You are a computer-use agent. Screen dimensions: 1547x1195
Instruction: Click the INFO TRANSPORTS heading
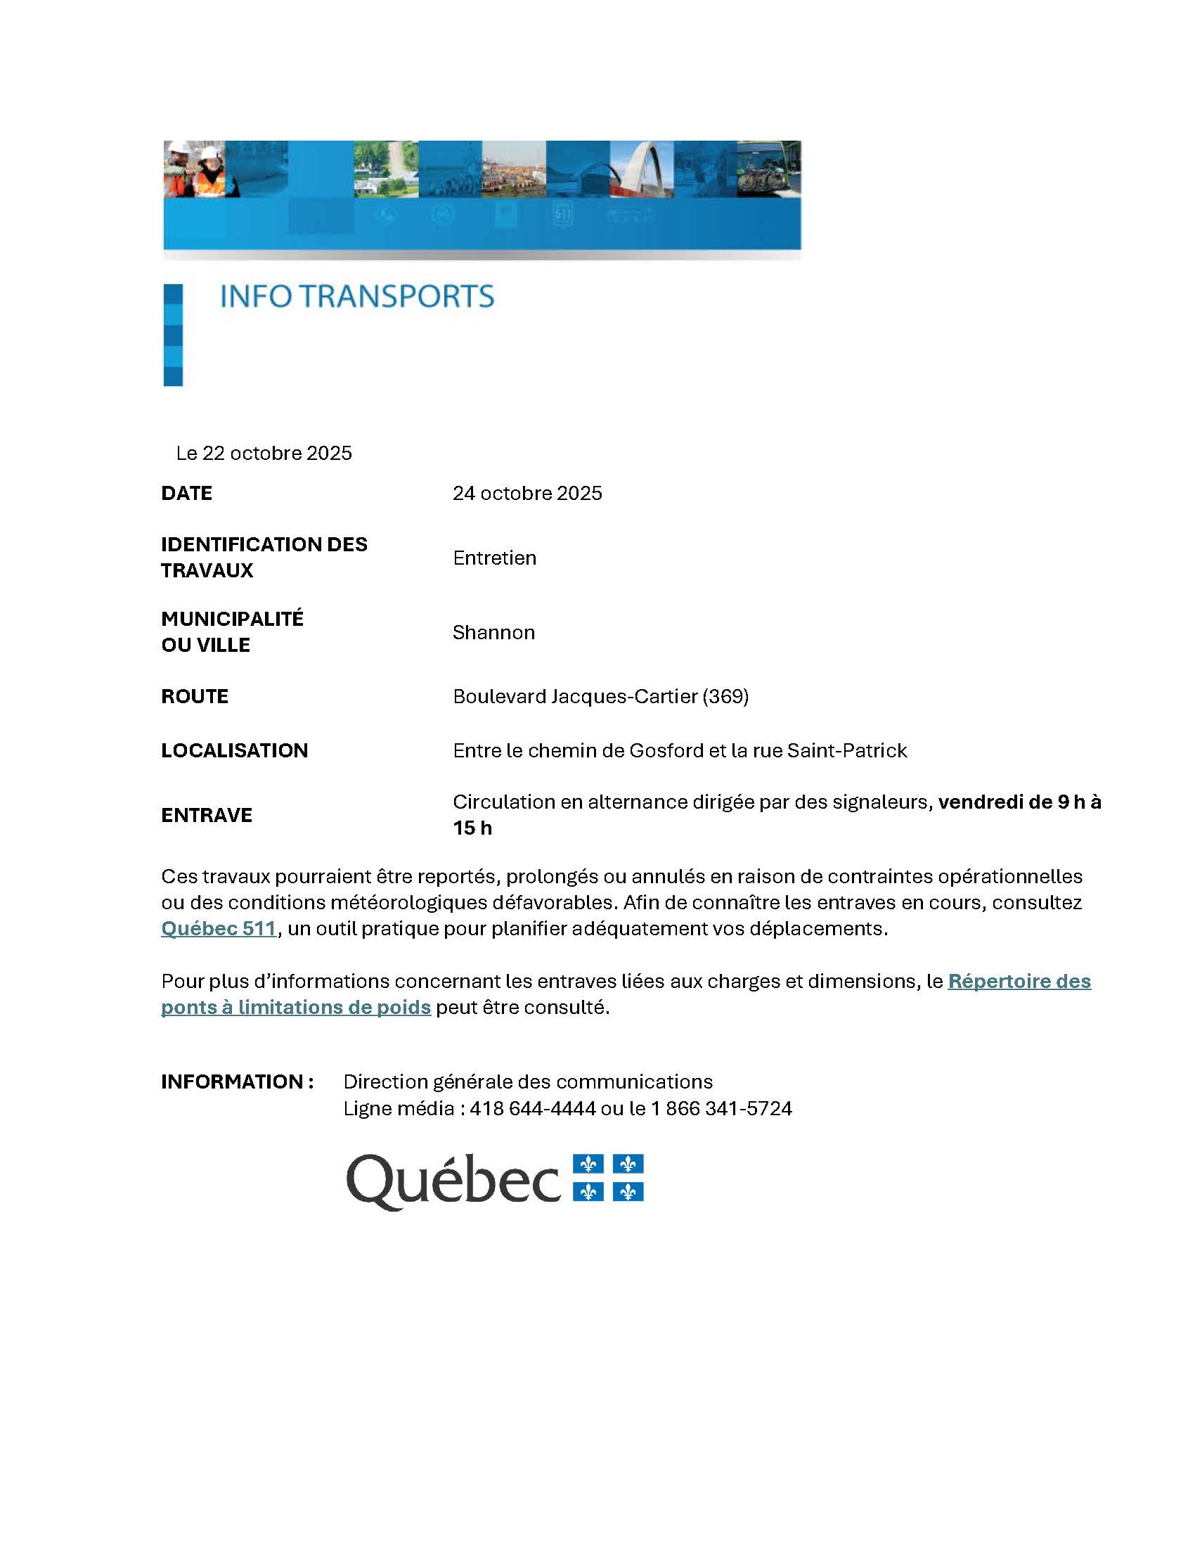coord(357,296)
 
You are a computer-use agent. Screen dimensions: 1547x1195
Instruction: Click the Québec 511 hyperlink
coord(218,928)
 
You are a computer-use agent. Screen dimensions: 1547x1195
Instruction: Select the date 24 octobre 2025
coord(527,493)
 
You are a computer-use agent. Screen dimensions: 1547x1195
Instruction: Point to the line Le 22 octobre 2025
coord(264,454)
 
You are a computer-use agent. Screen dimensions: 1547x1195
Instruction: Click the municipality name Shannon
coord(493,632)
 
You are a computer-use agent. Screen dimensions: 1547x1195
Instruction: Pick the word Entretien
coord(494,558)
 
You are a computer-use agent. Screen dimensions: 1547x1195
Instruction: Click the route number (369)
coord(725,696)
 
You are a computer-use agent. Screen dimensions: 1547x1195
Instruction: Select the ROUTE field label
coord(195,696)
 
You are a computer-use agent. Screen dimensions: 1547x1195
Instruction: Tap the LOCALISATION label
coord(234,750)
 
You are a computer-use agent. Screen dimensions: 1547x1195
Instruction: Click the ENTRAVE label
coord(207,815)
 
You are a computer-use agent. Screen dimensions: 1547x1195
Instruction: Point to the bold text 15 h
coord(472,828)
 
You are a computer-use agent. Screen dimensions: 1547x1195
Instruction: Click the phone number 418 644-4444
coord(532,1108)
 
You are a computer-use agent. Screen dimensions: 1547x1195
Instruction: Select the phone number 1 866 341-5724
coord(721,1108)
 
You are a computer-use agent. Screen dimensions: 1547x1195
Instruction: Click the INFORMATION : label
coord(237,1081)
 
